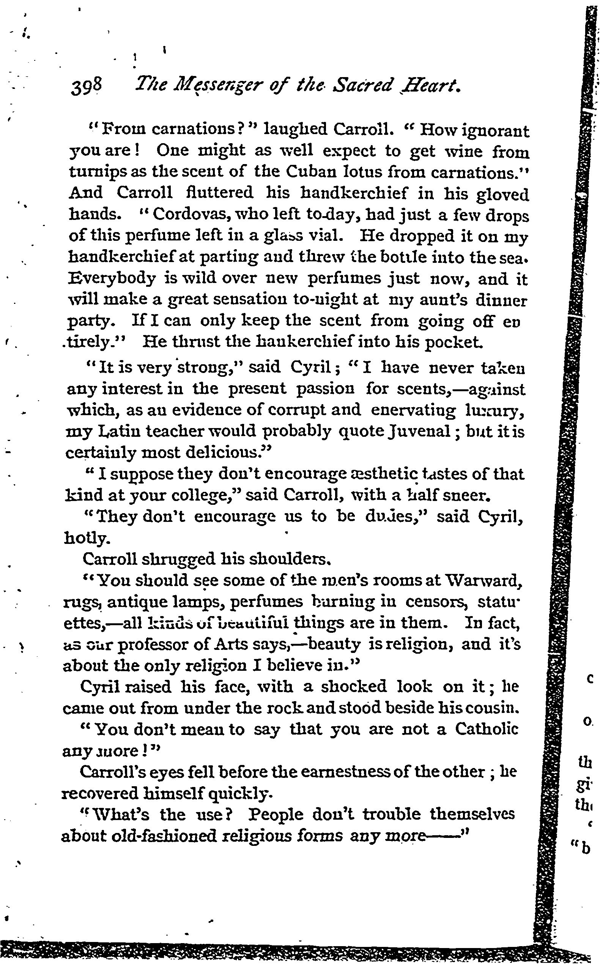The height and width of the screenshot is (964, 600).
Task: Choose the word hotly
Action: pyautogui.click(x=85, y=538)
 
